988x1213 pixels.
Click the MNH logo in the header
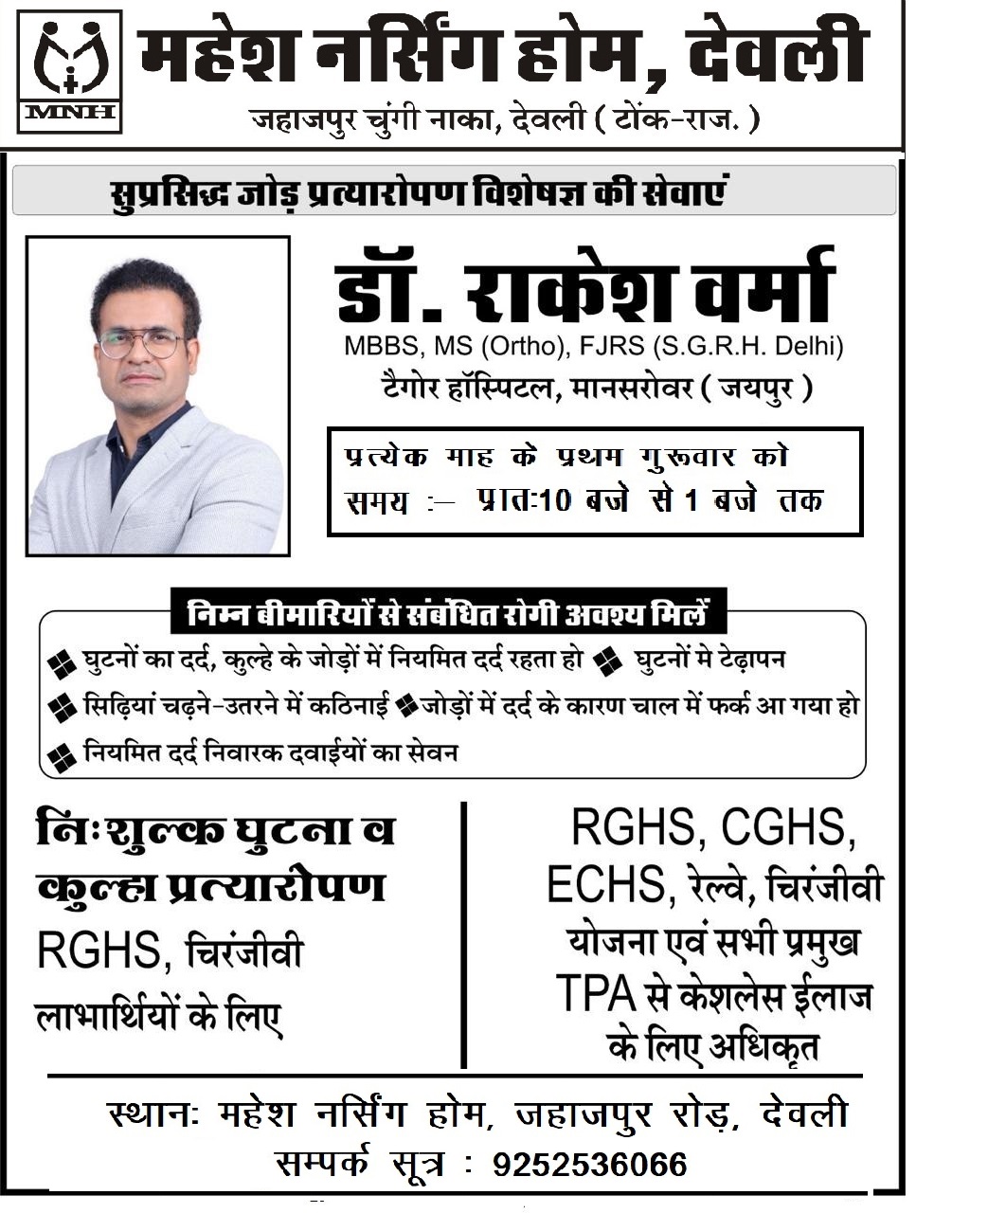coord(69,71)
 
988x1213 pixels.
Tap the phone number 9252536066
coord(589,1164)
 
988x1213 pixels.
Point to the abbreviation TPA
coord(594,994)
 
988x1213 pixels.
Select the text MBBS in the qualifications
coord(374,347)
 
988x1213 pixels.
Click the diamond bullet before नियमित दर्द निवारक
coord(63,756)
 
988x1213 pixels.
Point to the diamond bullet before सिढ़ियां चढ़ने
coord(63,707)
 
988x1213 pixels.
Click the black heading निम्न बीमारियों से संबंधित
coord(448,614)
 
